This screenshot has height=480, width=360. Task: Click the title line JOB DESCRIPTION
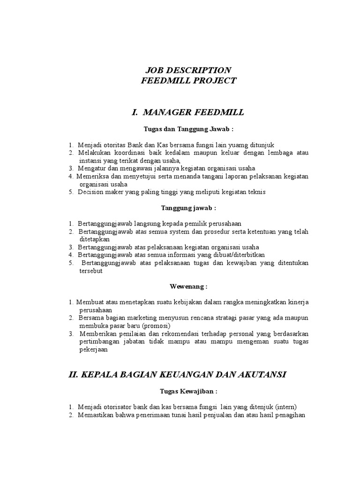[187, 70]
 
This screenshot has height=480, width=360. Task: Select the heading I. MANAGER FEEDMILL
[188, 112]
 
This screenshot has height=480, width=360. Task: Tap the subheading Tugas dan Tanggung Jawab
[188, 128]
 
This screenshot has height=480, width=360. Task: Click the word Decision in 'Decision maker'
[91, 192]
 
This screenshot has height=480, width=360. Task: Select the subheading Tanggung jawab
[188, 208]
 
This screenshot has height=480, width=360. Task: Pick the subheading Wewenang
[187, 286]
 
